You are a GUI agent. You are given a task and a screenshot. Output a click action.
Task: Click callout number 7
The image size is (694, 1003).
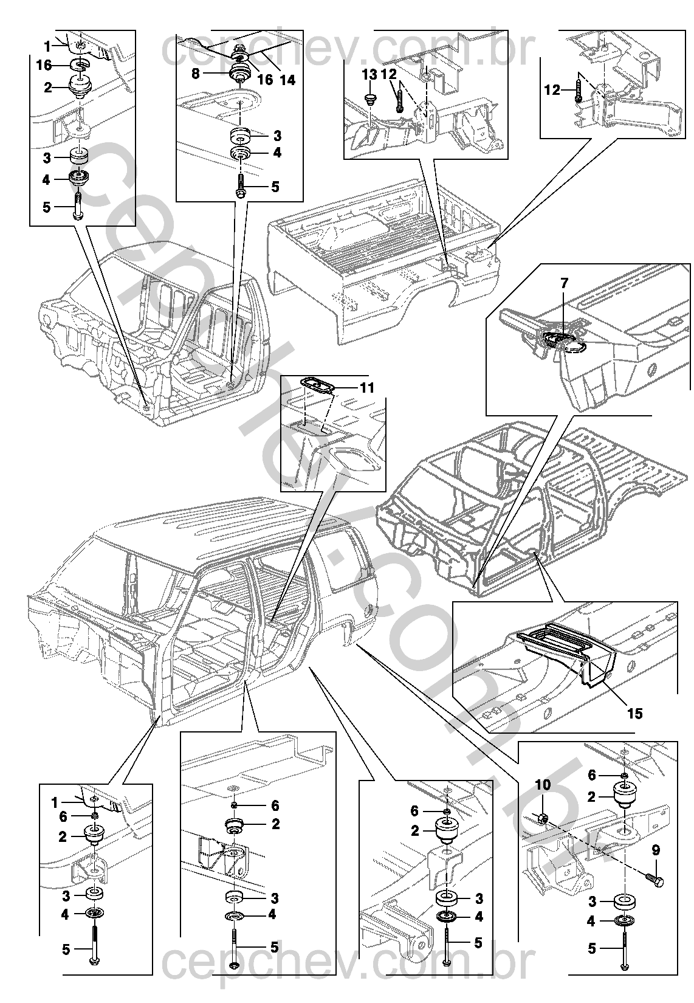click(564, 283)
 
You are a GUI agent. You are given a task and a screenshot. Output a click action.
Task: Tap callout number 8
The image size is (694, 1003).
click(195, 74)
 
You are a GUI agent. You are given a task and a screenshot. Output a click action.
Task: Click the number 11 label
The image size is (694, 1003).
click(367, 388)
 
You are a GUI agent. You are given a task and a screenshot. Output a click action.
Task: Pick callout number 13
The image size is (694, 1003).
click(369, 75)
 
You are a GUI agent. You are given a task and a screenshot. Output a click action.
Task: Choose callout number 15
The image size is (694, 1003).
click(634, 713)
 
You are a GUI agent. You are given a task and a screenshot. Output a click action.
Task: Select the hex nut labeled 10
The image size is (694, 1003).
click(544, 818)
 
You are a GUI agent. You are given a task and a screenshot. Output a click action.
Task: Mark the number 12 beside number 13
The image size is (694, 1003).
click(389, 75)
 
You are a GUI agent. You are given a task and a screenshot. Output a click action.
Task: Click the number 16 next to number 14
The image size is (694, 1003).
click(264, 79)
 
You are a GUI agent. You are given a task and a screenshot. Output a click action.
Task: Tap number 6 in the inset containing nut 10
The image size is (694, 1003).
click(592, 774)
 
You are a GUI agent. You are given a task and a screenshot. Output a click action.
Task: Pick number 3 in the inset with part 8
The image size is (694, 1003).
click(277, 136)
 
